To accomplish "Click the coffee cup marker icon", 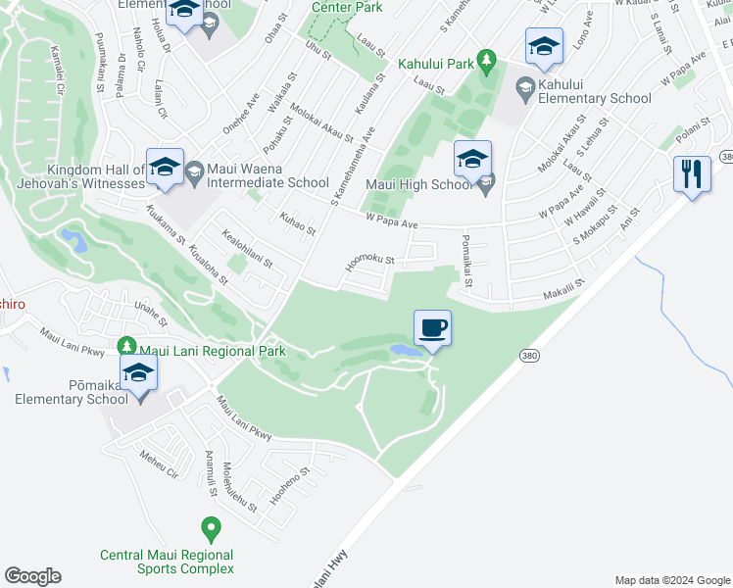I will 432,327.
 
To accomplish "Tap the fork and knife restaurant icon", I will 692,174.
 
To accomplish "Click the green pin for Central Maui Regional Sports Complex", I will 210,529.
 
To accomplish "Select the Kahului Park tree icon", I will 485,63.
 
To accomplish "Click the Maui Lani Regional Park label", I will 212,351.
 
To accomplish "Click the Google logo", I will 32,576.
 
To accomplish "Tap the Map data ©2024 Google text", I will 671,580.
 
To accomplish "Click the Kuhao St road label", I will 298,223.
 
